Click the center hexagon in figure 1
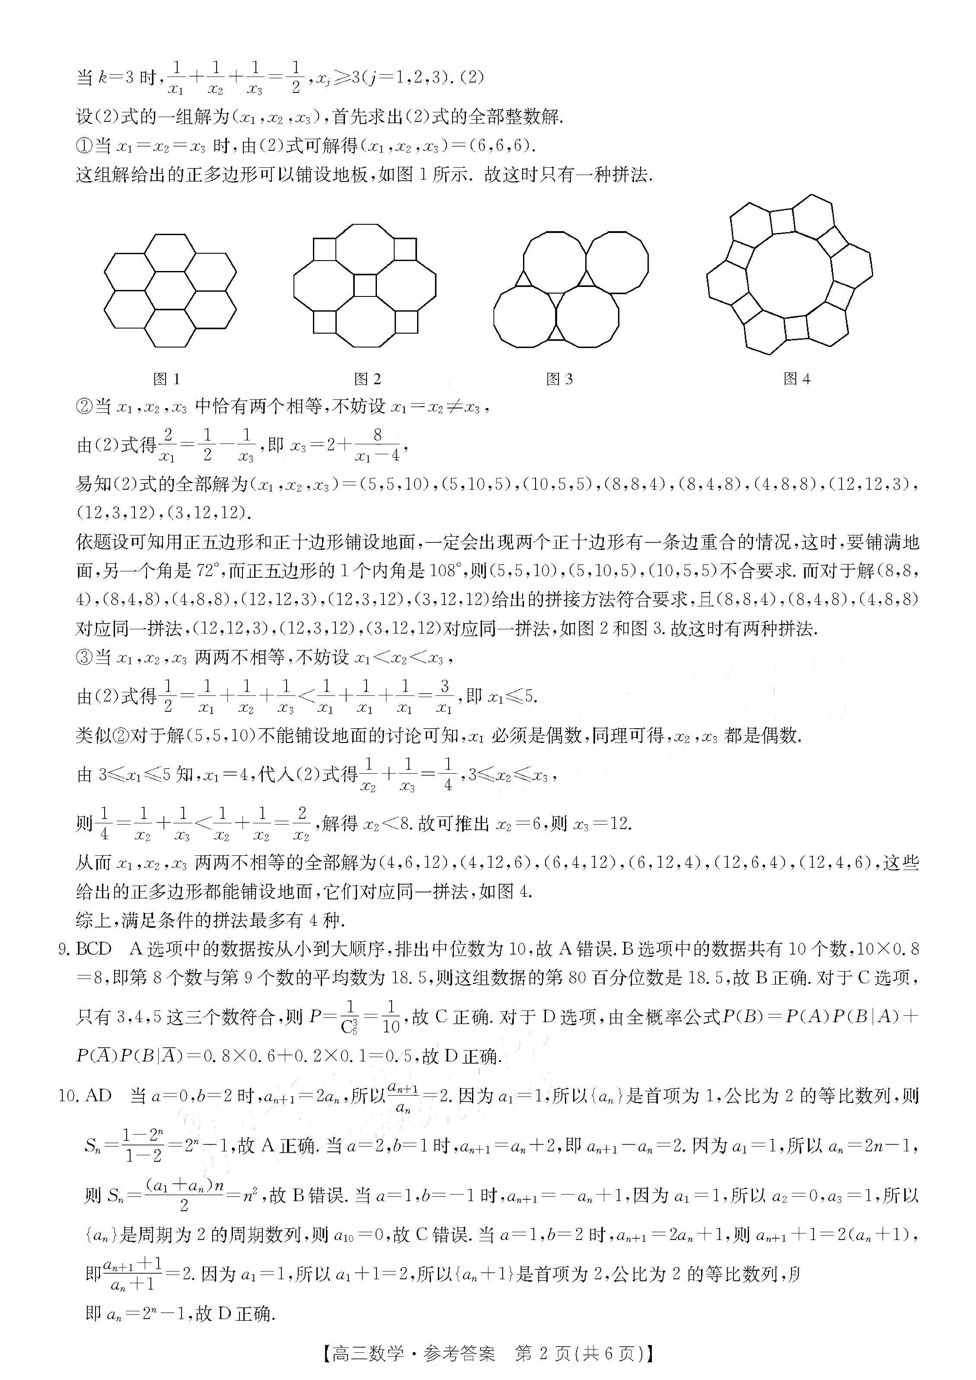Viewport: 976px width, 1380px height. point(170,290)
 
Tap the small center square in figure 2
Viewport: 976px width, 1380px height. point(365,286)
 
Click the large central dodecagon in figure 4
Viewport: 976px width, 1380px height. point(789,274)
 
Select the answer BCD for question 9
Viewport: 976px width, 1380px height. point(94,949)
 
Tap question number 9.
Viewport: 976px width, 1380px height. point(64,950)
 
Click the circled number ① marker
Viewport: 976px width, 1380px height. point(85,146)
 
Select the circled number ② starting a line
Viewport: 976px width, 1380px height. point(85,407)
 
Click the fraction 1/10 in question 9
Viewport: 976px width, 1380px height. point(391,1017)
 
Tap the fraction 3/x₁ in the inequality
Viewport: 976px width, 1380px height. point(444,697)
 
